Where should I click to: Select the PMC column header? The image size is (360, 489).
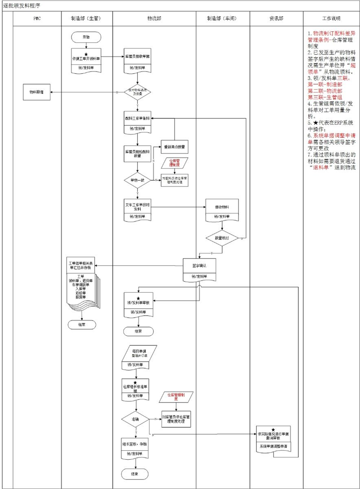click(37, 19)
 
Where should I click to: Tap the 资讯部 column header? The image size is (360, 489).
click(276, 19)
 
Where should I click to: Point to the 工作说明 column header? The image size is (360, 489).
click(331, 19)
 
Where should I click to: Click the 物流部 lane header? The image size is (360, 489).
click(154, 19)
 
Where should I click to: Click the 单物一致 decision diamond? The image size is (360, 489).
click(137, 179)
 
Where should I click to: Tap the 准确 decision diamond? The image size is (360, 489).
click(135, 419)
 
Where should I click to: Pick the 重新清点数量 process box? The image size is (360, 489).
click(175, 147)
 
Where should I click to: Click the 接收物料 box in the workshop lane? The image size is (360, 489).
click(222, 207)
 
